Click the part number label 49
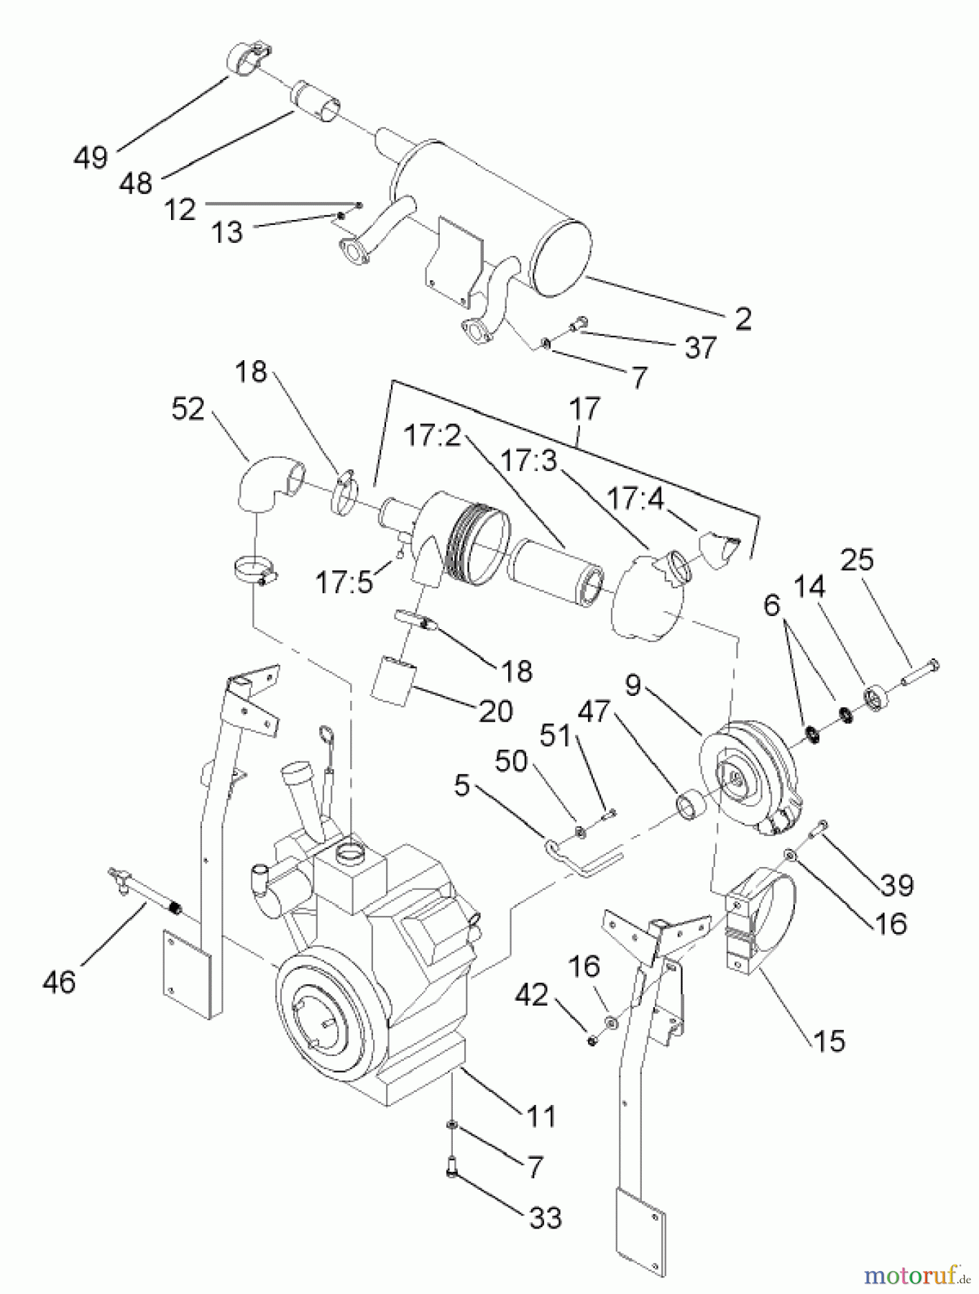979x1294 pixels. click(x=91, y=157)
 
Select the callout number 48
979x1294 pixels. click(x=137, y=183)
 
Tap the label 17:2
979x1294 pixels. click(x=432, y=436)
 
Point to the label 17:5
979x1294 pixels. click(x=345, y=582)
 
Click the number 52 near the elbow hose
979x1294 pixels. click(x=188, y=410)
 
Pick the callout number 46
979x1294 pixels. click(x=59, y=981)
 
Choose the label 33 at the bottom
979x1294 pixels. click(x=544, y=1218)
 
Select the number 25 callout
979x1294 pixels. click(x=856, y=559)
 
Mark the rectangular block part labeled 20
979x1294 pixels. click(x=394, y=677)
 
